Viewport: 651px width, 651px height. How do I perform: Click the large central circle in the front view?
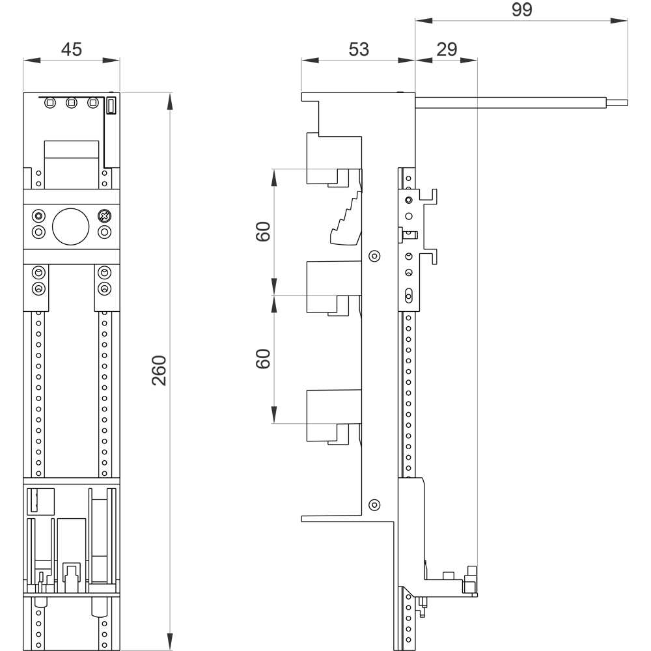tap(70, 227)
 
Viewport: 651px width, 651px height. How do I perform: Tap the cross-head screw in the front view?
tap(104, 215)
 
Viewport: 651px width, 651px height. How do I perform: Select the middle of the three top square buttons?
tap(72, 103)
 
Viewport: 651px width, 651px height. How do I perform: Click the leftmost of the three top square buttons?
tap(50, 103)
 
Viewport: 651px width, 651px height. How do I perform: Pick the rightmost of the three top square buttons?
tap(93, 103)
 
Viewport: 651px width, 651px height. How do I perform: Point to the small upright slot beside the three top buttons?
tap(111, 105)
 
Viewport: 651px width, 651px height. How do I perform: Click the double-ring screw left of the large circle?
tap(39, 215)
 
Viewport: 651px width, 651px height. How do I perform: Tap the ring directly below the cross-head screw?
tap(104, 232)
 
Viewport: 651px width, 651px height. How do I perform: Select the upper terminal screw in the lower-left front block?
tap(39, 272)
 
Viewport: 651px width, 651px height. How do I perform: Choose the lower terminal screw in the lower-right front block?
tap(104, 288)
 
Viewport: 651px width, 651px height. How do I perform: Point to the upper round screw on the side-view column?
tap(374, 256)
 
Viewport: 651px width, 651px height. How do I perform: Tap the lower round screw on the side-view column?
tap(374, 505)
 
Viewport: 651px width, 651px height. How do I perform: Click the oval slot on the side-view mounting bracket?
tap(409, 294)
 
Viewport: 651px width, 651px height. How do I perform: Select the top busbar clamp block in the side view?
tap(334, 159)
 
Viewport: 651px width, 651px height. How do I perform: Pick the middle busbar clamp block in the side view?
tap(334, 286)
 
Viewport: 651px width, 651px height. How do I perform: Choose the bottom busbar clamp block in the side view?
tap(334, 414)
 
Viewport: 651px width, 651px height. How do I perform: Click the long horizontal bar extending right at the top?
tap(521, 103)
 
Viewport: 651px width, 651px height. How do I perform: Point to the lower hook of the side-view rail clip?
tap(430, 256)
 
